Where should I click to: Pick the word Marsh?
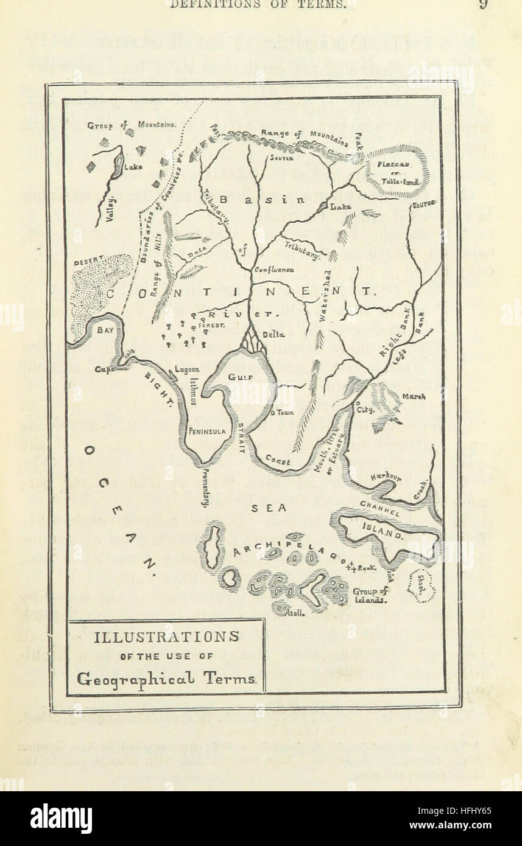click(x=414, y=397)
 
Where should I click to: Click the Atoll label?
click(x=295, y=613)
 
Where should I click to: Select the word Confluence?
click(x=274, y=269)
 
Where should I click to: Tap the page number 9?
click(x=484, y=4)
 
